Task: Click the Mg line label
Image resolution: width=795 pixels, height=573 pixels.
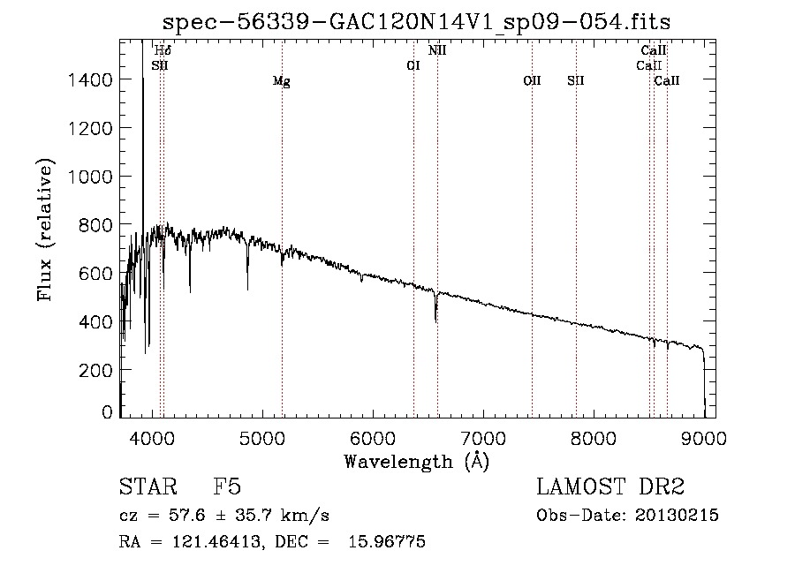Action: (281, 81)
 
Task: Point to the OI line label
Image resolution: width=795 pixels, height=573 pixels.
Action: (413, 65)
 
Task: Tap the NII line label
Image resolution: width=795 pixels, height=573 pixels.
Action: (437, 50)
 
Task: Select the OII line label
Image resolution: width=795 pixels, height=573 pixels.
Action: (532, 80)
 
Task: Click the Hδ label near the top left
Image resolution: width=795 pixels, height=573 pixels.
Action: (163, 51)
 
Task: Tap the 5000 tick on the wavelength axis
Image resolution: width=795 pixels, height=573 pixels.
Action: (261, 437)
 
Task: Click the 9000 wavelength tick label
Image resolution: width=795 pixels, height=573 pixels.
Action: (703, 437)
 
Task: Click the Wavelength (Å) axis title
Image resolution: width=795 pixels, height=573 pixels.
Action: (416, 461)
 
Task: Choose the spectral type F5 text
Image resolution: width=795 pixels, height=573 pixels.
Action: (227, 487)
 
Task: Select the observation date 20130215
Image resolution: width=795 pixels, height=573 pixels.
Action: (678, 516)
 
